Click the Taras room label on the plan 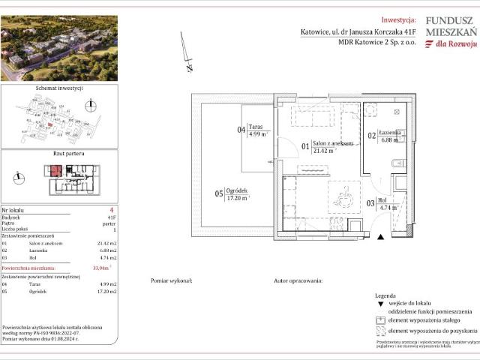click(257, 128)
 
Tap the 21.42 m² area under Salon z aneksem click(325, 150)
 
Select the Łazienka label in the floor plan click(390, 132)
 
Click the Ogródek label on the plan click(238, 192)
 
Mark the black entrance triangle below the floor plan click(380, 237)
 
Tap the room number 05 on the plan click(219, 193)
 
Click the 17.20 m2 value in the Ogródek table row click(109, 291)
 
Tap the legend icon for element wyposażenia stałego click(379, 321)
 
